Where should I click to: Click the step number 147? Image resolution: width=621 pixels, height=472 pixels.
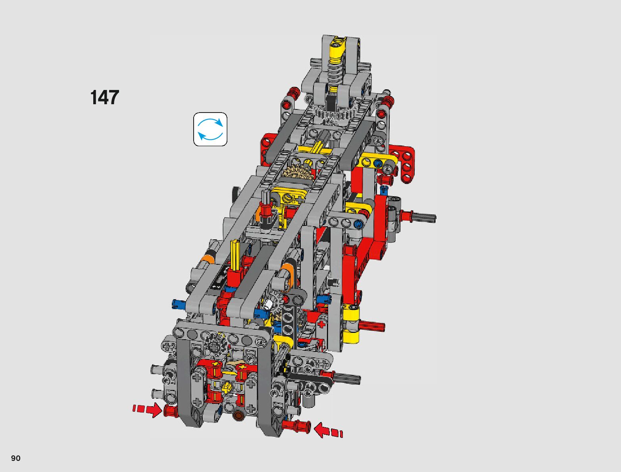[105, 97]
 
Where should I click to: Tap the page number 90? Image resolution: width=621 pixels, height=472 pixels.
[16, 458]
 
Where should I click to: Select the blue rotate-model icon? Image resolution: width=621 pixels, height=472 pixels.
[210, 129]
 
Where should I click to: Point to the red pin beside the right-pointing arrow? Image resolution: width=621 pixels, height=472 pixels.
[171, 411]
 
